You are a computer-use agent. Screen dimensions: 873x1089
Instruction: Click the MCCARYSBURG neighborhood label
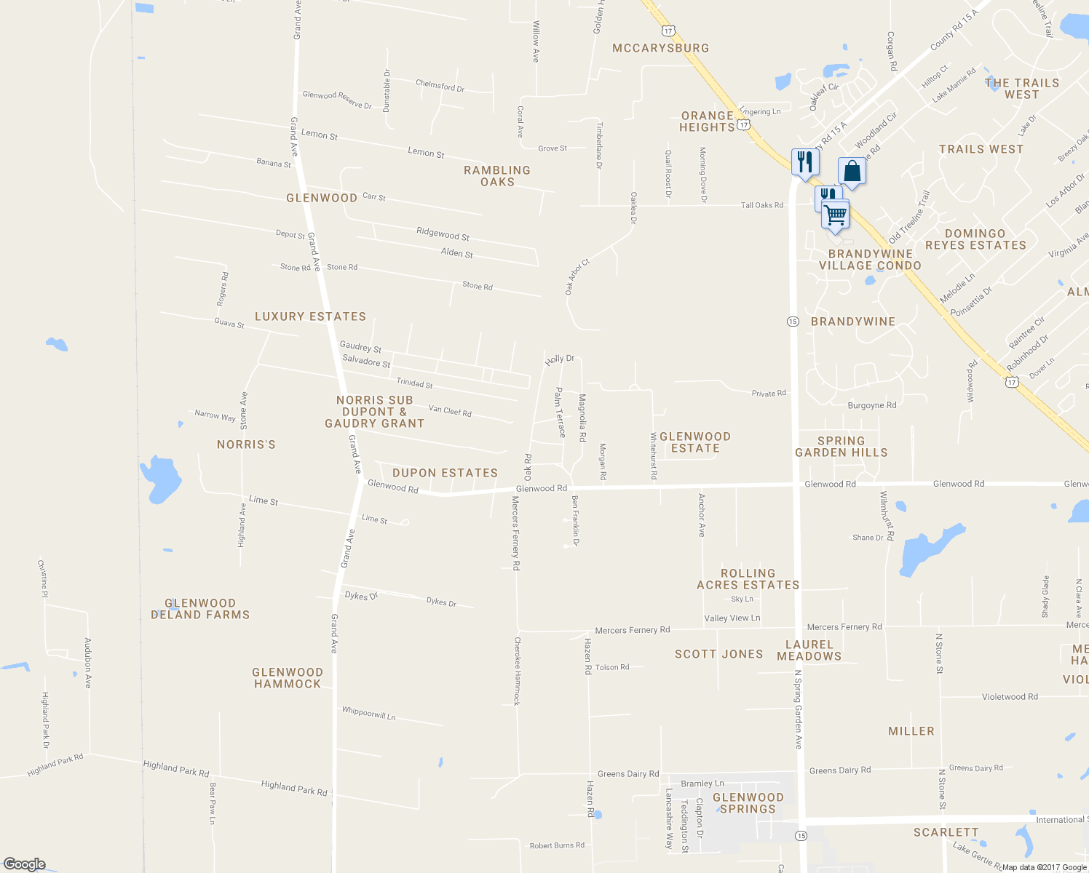tap(660, 48)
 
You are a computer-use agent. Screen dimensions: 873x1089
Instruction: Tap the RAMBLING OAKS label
tap(497, 176)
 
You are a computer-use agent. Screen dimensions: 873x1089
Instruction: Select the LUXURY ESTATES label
tap(310, 316)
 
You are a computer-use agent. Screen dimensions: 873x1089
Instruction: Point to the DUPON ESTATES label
tap(445, 473)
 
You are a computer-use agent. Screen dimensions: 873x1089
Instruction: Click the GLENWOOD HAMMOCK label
tap(288, 678)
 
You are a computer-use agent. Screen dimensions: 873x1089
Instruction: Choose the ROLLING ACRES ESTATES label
tap(748, 579)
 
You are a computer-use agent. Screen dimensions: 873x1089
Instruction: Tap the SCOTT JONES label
tap(718, 654)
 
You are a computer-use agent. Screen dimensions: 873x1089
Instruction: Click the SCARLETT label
tap(946, 832)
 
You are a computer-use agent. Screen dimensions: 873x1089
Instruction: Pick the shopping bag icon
tap(852, 172)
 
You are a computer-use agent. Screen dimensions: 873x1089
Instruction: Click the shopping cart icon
tap(836, 215)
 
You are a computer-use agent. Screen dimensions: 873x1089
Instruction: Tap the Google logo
tap(24, 864)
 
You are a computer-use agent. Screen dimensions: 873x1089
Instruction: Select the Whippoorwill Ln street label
tap(368, 714)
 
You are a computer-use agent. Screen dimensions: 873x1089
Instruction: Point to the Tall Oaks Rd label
tap(762, 205)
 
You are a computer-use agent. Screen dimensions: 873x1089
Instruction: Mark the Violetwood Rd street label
tap(1010, 697)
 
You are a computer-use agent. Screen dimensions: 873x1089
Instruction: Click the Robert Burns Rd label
tap(557, 845)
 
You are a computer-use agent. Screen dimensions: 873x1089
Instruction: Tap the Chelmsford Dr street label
tap(440, 86)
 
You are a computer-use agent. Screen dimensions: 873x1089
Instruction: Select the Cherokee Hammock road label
tap(517, 671)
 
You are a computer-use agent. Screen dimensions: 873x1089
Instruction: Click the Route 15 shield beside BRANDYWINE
tap(793, 321)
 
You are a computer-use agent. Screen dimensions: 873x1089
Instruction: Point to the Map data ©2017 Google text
tap(1044, 867)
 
